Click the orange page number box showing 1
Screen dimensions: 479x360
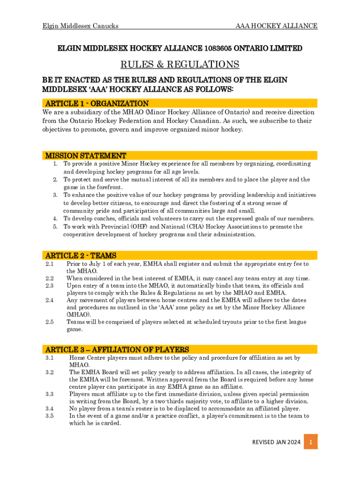tap(310, 442)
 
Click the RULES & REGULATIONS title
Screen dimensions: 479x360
tap(180, 64)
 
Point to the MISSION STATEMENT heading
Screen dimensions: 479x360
tap(85, 155)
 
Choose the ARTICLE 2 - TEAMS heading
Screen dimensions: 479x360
tap(80, 255)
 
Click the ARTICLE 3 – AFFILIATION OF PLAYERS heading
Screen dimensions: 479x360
tap(117, 349)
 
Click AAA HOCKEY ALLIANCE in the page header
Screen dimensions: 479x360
tap(276, 26)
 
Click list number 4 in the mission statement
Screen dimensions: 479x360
tap(55, 218)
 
